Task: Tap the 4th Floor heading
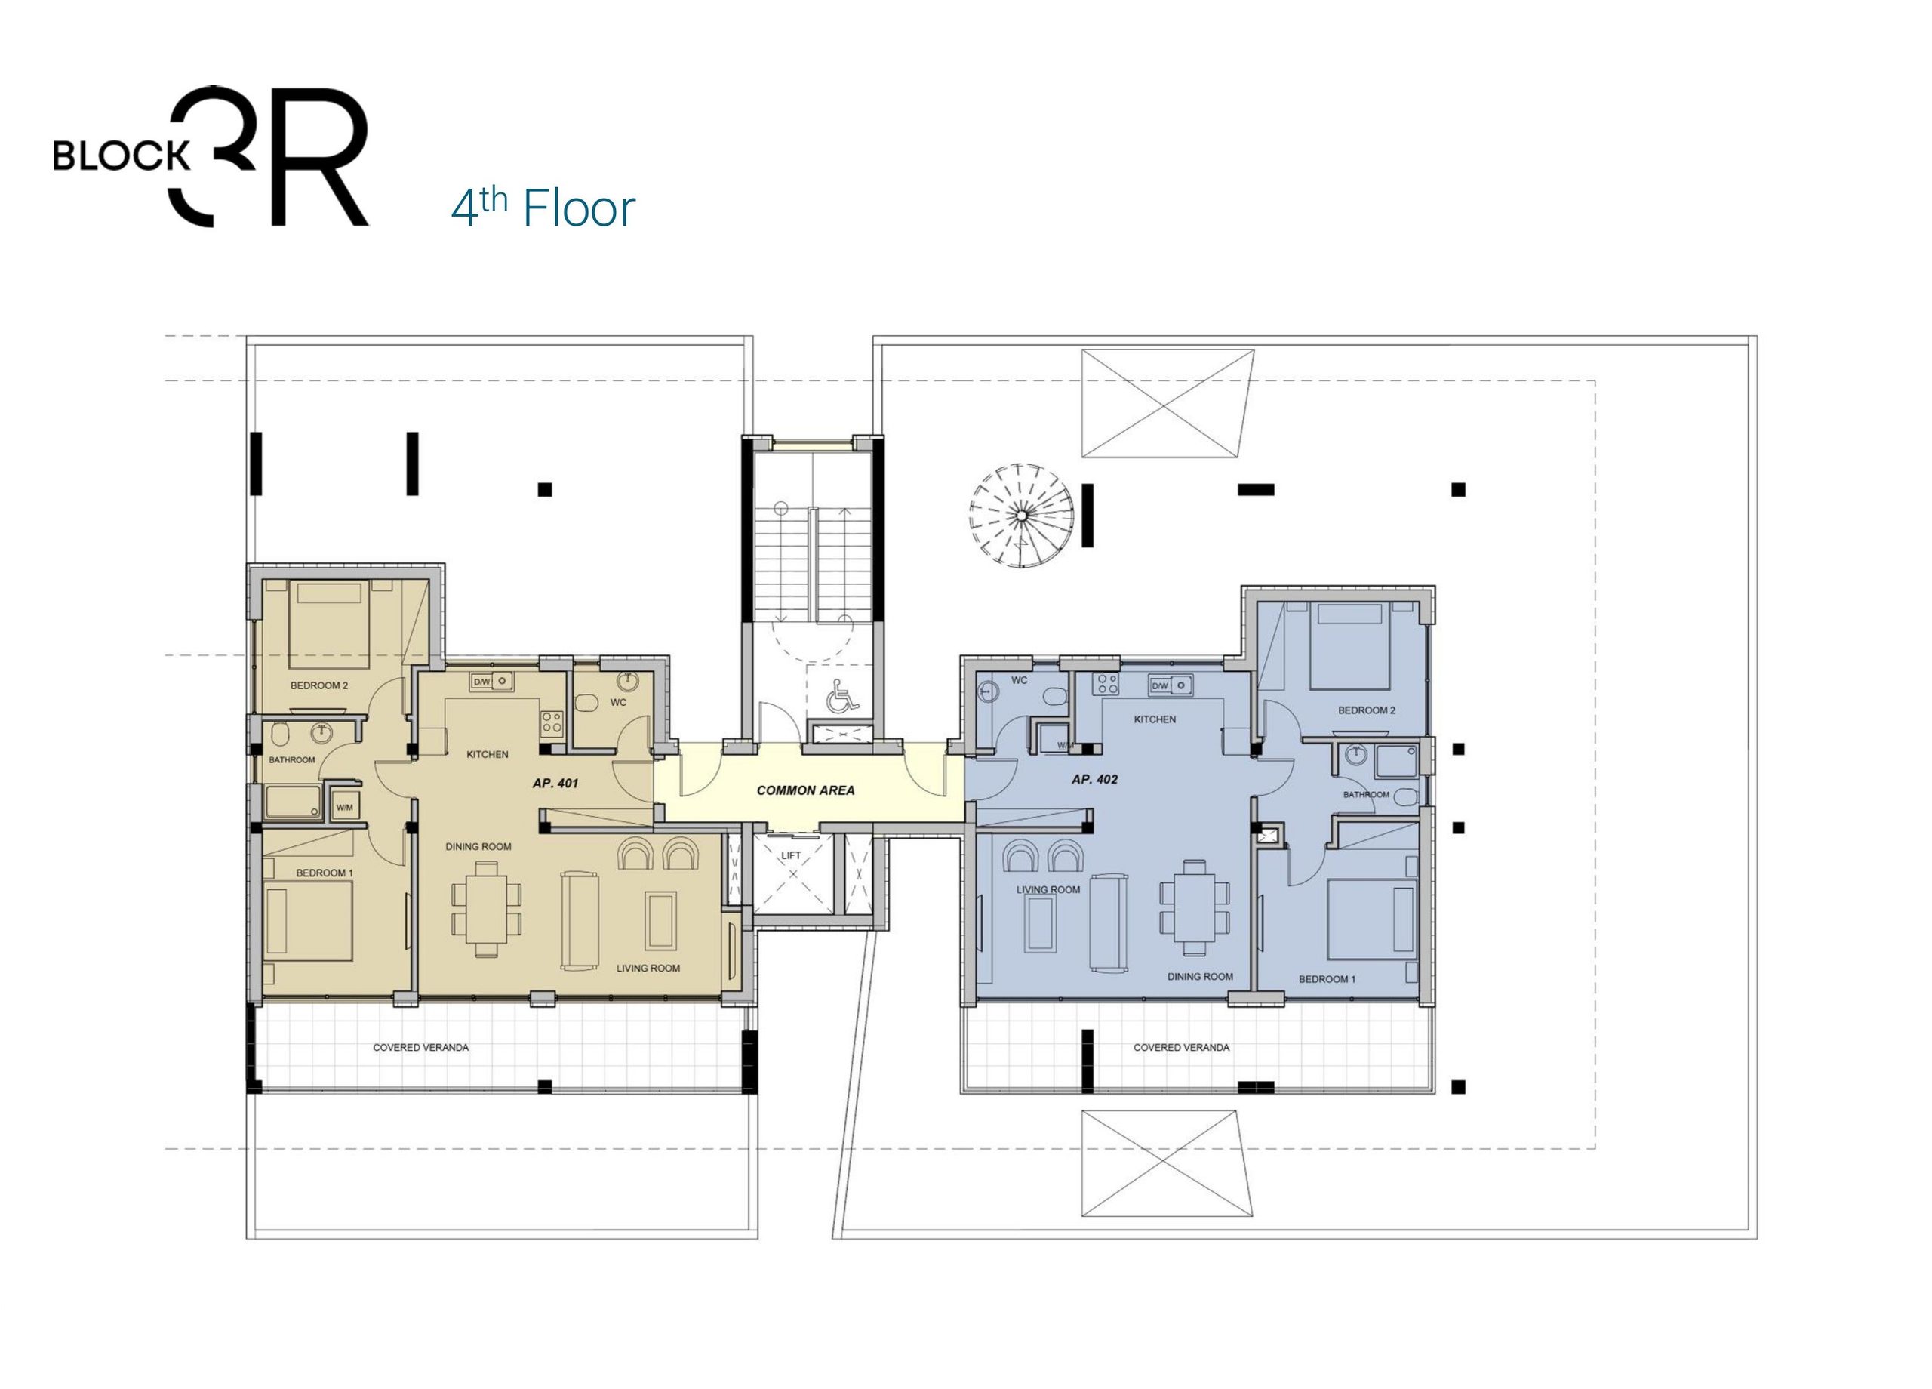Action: click(x=543, y=208)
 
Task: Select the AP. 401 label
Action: click(x=555, y=782)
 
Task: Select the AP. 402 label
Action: click(x=1094, y=779)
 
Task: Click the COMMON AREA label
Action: click(x=805, y=790)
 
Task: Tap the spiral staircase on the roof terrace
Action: click(x=1020, y=516)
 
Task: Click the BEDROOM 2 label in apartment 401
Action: click(x=319, y=685)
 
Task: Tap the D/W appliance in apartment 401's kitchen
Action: click(x=481, y=681)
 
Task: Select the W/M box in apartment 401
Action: click(x=344, y=807)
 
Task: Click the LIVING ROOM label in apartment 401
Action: click(x=648, y=968)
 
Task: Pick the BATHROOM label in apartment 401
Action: click(x=292, y=760)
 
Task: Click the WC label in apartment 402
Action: click(x=1019, y=681)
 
